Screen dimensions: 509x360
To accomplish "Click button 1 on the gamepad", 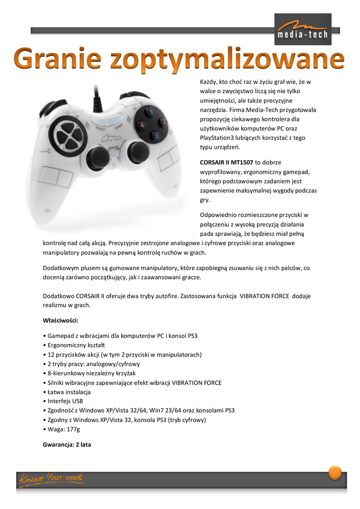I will pos(148,112).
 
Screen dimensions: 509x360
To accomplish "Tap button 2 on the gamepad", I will pos(163,122).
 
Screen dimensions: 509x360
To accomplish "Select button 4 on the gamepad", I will pos(141,125).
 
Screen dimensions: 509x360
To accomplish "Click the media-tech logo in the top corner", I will pos(303,29).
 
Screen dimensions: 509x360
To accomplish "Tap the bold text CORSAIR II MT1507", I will pos(226,162).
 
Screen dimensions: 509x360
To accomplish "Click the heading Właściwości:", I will pos(61,320).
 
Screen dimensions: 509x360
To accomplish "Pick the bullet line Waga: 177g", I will pos(63,429).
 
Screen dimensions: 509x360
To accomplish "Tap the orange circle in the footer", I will pos(335,472).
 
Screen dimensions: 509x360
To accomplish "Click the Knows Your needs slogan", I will pos(51,479).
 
